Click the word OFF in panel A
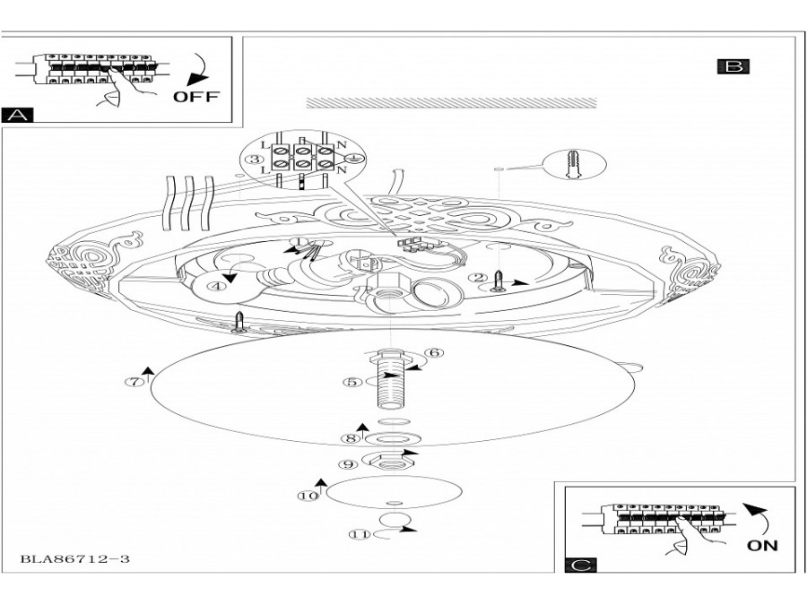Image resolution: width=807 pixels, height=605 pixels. (x=195, y=96)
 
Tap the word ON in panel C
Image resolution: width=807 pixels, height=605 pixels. (x=762, y=544)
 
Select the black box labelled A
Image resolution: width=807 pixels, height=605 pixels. (x=17, y=115)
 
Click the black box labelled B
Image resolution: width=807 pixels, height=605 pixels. (x=733, y=65)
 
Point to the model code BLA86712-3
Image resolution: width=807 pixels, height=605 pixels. (x=75, y=559)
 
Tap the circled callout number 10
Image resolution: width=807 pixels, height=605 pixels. (x=308, y=495)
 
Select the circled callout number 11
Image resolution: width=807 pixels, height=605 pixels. (x=360, y=534)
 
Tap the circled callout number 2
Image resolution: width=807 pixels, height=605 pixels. (x=480, y=277)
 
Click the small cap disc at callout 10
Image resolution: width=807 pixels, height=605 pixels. (x=395, y=492)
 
